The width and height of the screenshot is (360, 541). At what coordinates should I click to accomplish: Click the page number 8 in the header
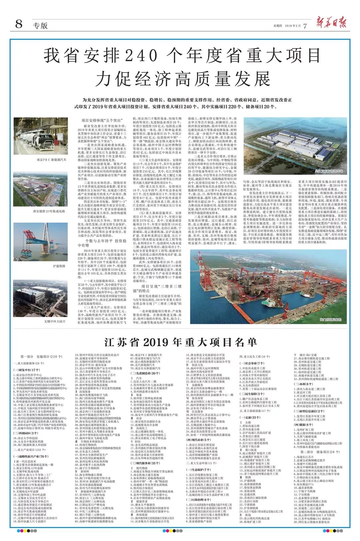pyautogui.click(x=19, y=24)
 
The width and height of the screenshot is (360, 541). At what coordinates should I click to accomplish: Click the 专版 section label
pyautogui.click(x=40, y=25)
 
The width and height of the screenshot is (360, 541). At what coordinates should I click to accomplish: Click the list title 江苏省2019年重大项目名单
pyautogui.click(x=180, y=342)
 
